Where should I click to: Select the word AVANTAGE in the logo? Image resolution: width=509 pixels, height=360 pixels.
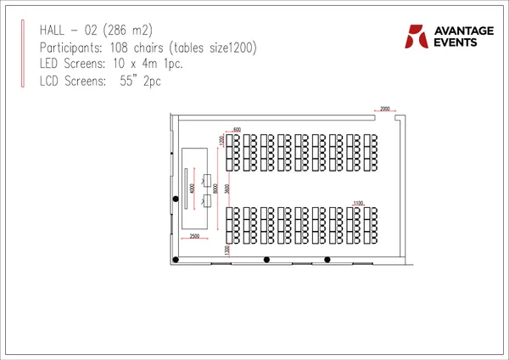(463, 31)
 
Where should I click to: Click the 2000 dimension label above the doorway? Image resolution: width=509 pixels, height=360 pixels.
(385, 110)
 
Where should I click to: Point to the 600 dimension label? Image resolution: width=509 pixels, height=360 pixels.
(237, 129)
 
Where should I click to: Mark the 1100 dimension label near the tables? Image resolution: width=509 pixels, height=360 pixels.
(358, 204)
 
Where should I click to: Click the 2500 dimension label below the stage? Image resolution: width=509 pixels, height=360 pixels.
(194, 235)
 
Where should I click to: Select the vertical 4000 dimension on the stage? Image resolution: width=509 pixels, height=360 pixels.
(193, 188)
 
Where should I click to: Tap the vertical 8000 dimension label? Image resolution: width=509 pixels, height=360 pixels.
(216, 188)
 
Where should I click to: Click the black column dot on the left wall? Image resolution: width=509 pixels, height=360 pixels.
(176, 199)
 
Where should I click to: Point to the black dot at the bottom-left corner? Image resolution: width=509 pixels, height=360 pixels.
(176, 260)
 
